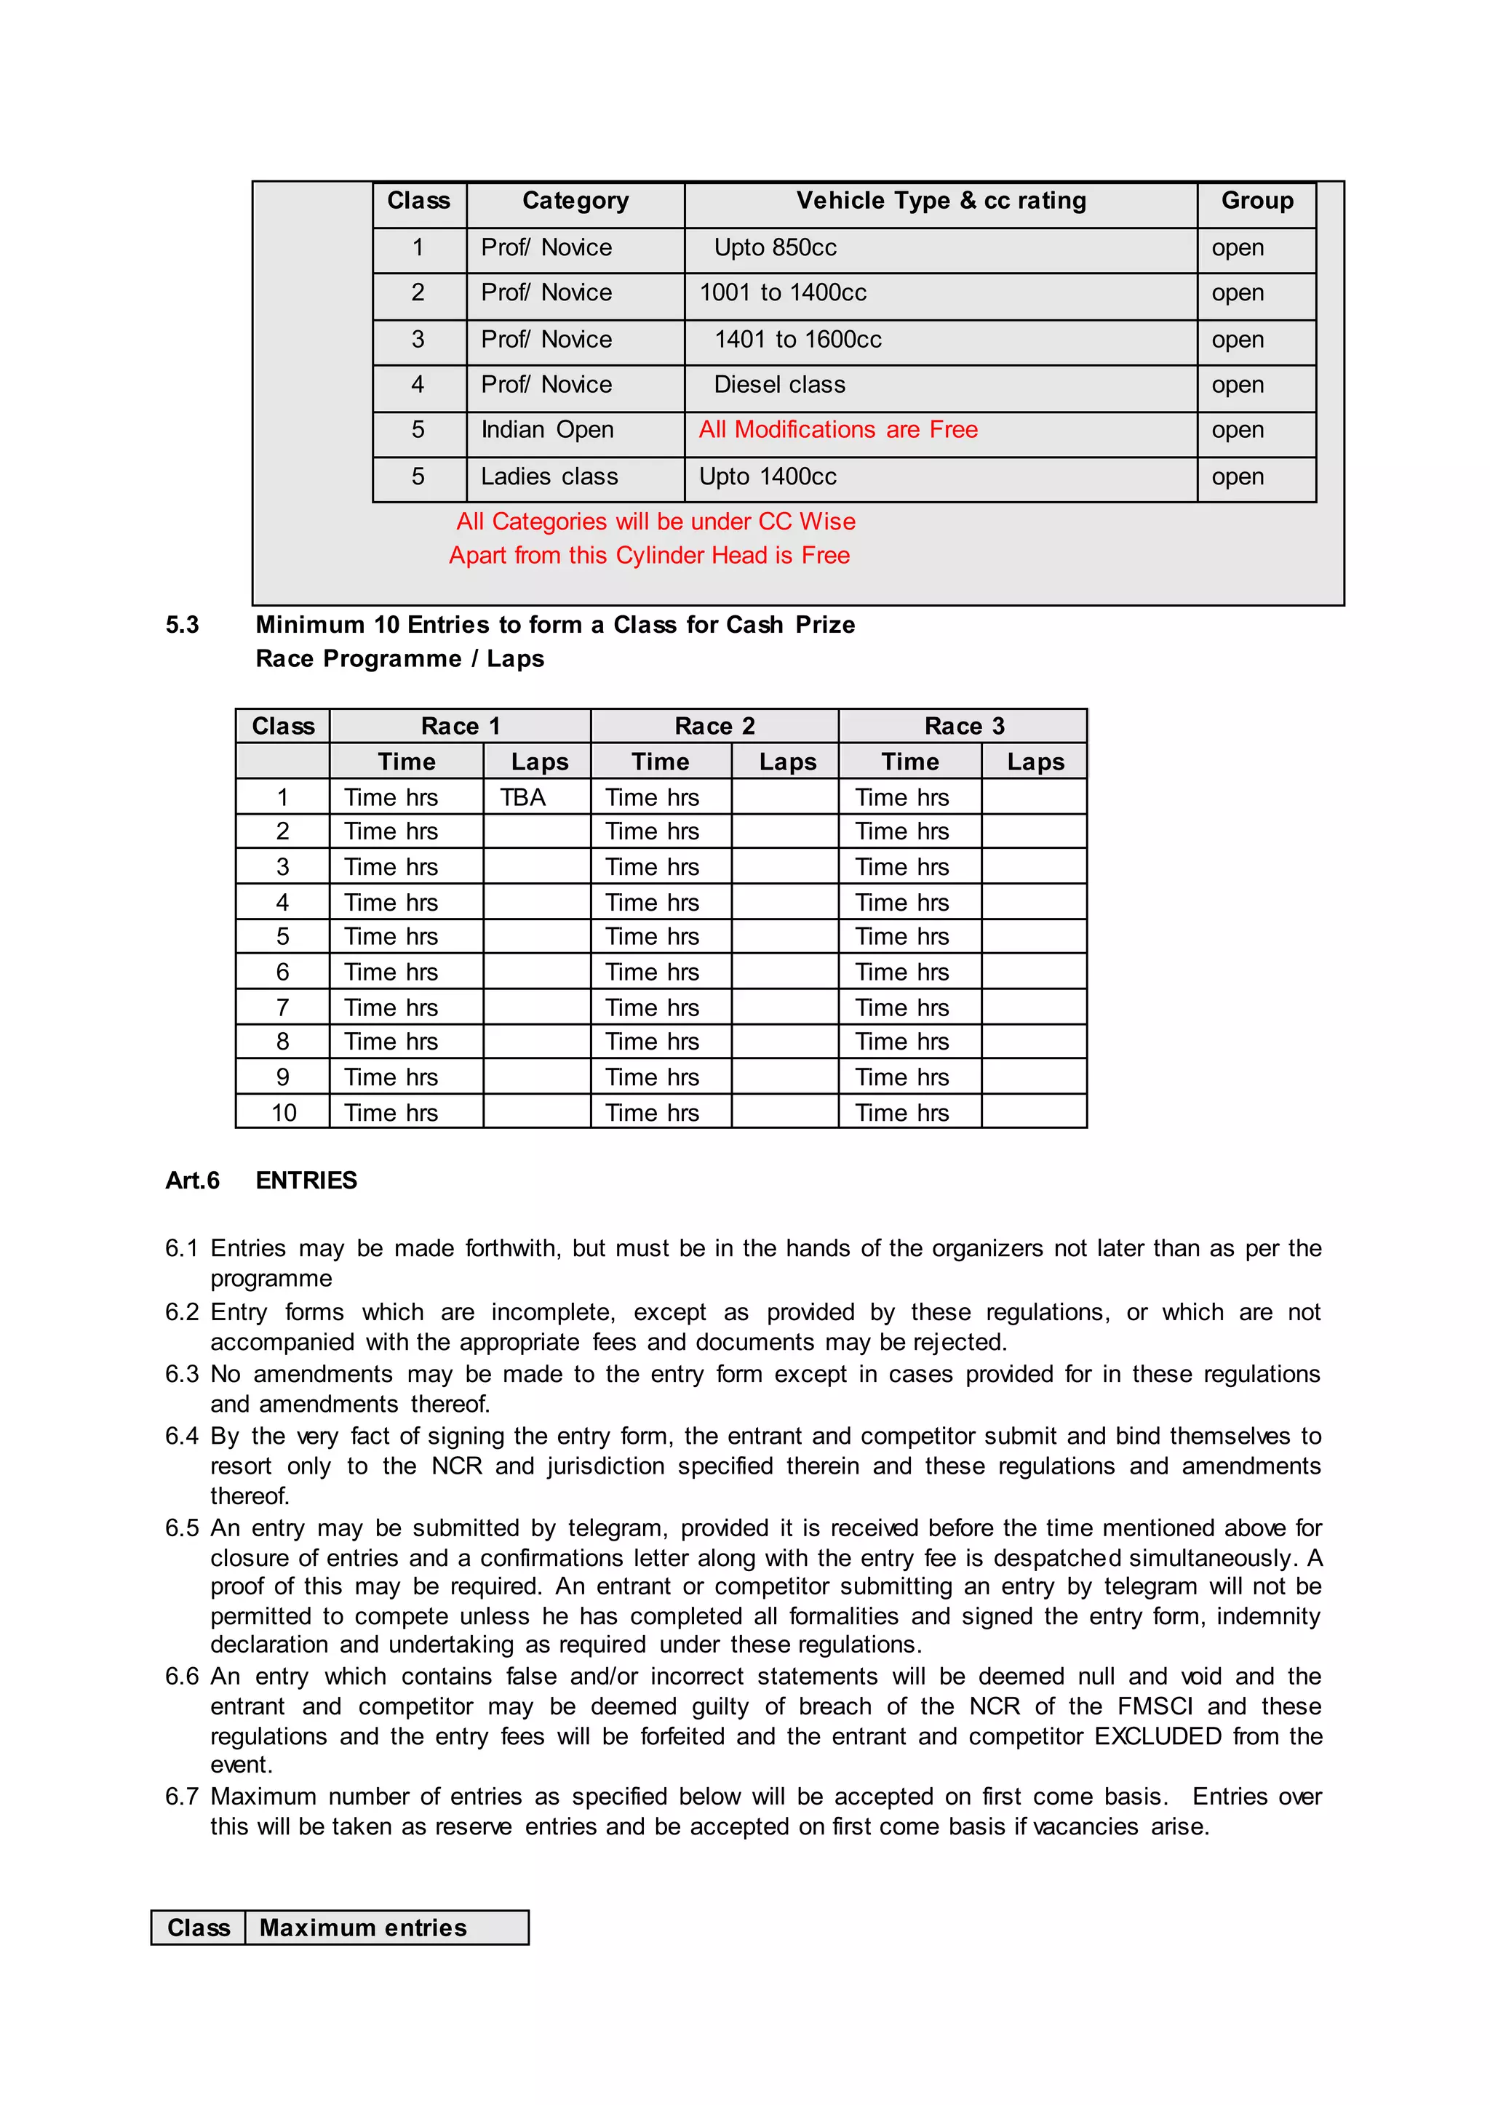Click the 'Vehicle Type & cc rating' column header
pos(941,201)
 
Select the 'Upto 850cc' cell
pos(776,247)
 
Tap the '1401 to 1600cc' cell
pos(797,340)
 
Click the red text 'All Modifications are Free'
pos(837,429)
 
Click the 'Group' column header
pos(1256,201)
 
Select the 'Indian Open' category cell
pos(547,429)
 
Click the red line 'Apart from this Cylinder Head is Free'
pos(649,555)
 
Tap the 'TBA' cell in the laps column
pos(523,797)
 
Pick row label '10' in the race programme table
pos(284,1113)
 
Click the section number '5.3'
pos(182,625)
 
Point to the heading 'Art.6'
pos(192,1181)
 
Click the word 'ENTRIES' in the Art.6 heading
pos(306,1181)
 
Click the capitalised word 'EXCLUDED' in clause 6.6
pos(1158,1736)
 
